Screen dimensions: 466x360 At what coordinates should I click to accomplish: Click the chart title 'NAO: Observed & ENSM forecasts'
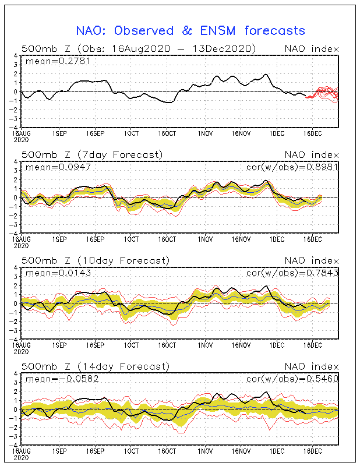click(x=190, y=30)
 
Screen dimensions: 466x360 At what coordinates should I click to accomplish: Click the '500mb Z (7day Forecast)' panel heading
click(x=92, y=154)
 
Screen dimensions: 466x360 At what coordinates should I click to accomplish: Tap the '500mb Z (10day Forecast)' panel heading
click(x=94, y=260)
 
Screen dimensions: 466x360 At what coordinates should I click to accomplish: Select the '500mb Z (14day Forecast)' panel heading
click(x=94, y=366)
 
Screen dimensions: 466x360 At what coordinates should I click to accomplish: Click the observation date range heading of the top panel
click(x=139, y=48)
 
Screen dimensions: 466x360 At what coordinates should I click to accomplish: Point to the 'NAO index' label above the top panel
click(x=311, y=48)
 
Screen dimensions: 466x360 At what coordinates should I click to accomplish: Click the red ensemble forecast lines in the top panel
click(x=323, y=93)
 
